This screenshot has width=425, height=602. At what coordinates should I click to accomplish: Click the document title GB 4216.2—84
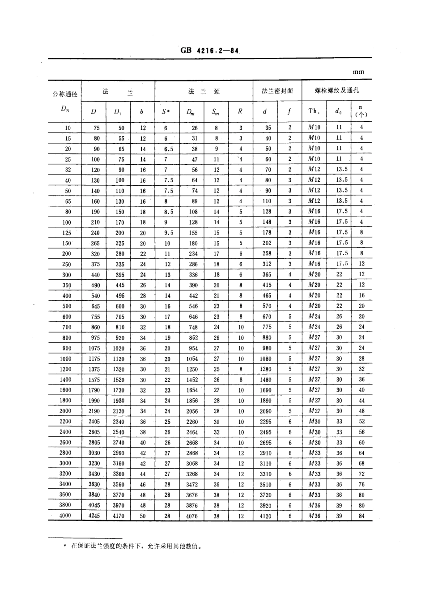coord(210,51)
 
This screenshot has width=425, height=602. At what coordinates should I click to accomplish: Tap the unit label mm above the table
coord(358,72)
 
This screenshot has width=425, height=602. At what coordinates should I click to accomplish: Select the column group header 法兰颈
coord(204,91)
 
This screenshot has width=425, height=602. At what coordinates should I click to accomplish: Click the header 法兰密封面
coord(277,91)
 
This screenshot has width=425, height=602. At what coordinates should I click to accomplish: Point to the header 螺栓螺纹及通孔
coord(336,90)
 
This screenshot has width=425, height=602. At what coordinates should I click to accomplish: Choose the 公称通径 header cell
coord(65,94)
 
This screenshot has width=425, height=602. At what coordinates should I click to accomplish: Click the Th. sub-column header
coord(314,111)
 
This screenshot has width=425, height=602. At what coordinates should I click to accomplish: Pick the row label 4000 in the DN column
coord(65,516)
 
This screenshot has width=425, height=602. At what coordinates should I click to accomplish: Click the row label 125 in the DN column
coord(66,233)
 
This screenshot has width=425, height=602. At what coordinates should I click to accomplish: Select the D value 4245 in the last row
coord(94,516)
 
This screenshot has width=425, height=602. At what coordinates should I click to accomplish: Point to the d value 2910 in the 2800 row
coord(266,453)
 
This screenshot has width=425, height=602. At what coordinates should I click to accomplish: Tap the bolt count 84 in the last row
coord(361,516)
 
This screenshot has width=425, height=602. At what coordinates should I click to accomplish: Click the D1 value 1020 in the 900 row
coord(119,348)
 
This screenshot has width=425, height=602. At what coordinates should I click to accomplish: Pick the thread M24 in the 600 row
coord(314,316)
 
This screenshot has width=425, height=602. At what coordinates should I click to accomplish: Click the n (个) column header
coord(361,111)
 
